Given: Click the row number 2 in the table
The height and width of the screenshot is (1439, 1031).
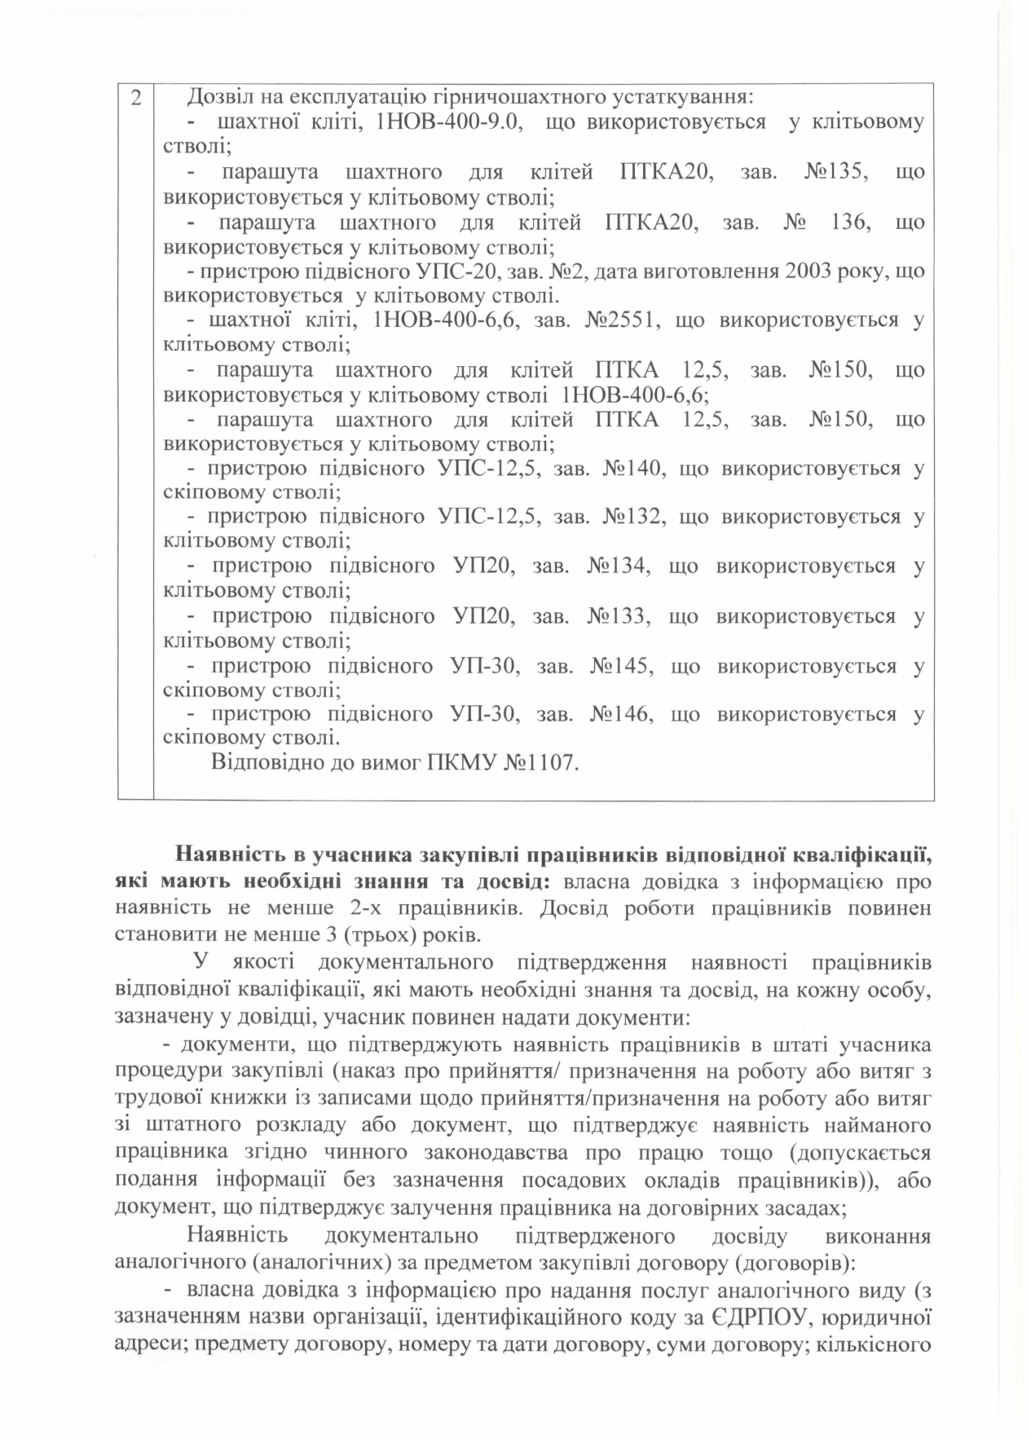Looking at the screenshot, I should tap(135, 98).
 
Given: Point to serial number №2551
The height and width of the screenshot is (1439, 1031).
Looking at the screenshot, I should tap(621, 320).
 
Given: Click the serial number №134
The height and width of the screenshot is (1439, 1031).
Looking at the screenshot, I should tap(617, 566).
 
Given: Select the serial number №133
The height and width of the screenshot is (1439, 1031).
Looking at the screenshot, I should tap(617, 616).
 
